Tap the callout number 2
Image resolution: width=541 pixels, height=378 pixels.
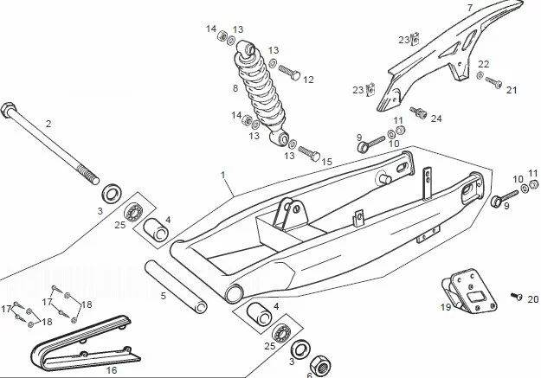(x=48, y=124)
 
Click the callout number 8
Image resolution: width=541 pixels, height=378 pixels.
(x=235, y=88)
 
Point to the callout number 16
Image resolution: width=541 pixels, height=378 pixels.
(x=111, y=370)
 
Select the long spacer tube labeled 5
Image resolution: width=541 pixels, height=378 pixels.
(x=177, y=285)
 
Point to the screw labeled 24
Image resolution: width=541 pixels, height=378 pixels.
(x=421, y=112)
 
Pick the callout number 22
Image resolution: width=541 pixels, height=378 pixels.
(x=483, y=64)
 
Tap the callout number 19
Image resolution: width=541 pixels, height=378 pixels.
(x=446, y=306)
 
